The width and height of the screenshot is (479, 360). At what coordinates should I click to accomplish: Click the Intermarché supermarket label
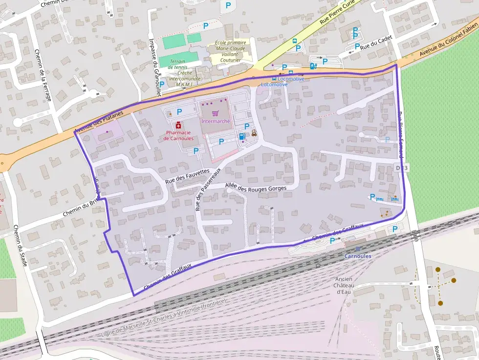[x=215, y=121]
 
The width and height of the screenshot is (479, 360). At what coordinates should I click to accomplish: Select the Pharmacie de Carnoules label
[x=179, y=135]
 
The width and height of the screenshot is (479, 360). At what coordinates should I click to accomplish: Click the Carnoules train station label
[x=358, y=256]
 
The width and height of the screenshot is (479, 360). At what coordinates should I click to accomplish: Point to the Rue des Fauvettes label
[x=187, y=175]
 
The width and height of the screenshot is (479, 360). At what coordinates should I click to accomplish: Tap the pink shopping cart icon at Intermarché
[x=215, y=113]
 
